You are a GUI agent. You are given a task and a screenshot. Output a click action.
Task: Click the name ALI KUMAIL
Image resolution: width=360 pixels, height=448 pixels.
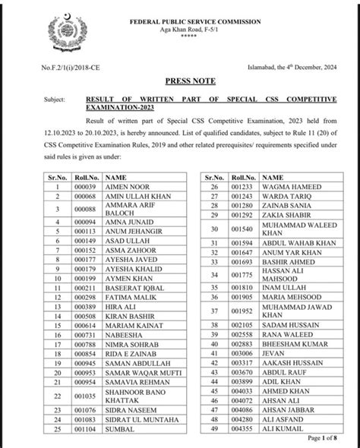(x=281, y=428)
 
